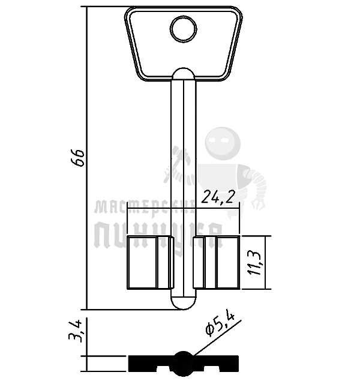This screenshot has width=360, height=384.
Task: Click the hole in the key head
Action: pyautogui.click(x=183, y=27)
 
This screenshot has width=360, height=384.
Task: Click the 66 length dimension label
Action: pyautogui.click(x=79, y=158)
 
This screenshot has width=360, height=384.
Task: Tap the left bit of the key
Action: pyautogui.click(x=149, y=262)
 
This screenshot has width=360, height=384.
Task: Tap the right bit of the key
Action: pyautogui.click(x=217, y=262)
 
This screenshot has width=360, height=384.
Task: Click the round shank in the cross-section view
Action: pyautogui.click(x=183, y=361)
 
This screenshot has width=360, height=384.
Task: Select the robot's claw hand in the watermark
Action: pyautogui.click(x=260, y=202)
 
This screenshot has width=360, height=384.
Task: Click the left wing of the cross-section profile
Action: pyautogui.click(x=150, y=362)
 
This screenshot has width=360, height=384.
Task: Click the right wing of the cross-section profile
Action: pyautogui.click(x=216, y=362)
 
